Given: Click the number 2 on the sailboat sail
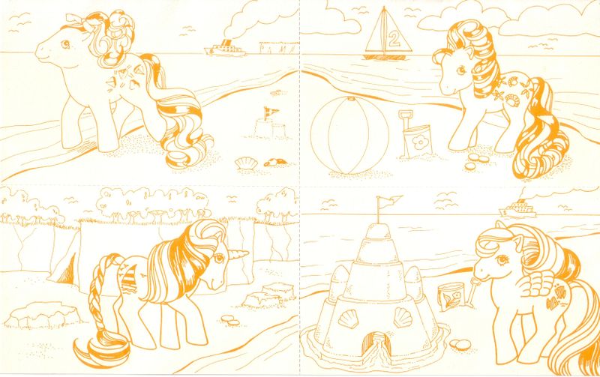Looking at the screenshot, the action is tap(393, 39).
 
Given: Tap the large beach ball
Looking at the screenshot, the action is tap(349, 135).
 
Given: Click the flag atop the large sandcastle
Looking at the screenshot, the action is tap(388, 200).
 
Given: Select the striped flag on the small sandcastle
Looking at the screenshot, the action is tap(271, 112).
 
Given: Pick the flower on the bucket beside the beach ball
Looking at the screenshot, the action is tap(420, 142).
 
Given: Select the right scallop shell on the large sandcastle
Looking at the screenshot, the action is tap(403, 317).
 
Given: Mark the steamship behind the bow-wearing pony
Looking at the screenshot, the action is tap(224, 49).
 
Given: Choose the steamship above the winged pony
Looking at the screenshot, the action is tap(518, 209).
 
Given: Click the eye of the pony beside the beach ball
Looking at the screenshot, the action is tap(461, 70).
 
